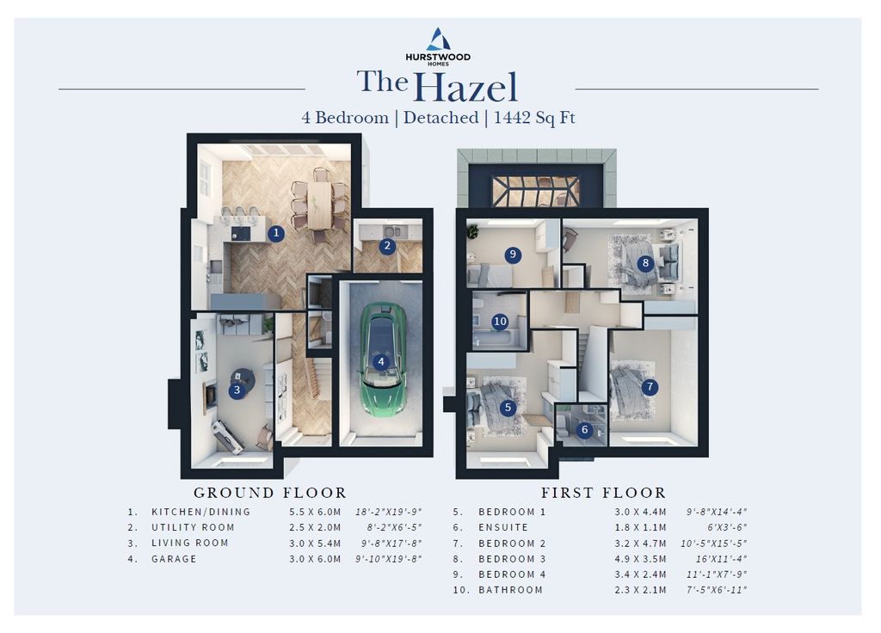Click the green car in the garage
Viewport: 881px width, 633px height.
pos(382,360)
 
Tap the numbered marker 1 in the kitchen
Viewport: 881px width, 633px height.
pos(275,233)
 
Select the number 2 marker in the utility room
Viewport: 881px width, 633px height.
pos(387,246)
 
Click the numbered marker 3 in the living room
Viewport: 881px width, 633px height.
pos(237,390)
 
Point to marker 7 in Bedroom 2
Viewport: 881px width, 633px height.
pos(650,386)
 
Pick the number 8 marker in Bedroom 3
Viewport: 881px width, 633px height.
pos(645,263)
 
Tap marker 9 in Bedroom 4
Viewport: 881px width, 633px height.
pos(513,255)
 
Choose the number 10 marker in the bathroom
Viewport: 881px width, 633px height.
pos(500,322)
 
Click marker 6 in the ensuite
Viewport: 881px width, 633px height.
pos(585,430)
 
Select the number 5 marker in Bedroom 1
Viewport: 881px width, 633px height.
pos(508,408)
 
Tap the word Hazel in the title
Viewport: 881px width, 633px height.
pos(465,87)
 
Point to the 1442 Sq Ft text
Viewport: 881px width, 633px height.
pos(534,118)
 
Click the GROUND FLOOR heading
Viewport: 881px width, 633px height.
pos(269,493)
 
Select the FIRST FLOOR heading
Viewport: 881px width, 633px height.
pos(603,493)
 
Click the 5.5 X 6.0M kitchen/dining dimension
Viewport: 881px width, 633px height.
pos(315,512)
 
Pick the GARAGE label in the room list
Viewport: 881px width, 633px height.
pos(174,559)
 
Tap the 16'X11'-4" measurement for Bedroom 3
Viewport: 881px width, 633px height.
pos(721,559)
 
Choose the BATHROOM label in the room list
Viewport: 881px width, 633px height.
pos(511,590)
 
